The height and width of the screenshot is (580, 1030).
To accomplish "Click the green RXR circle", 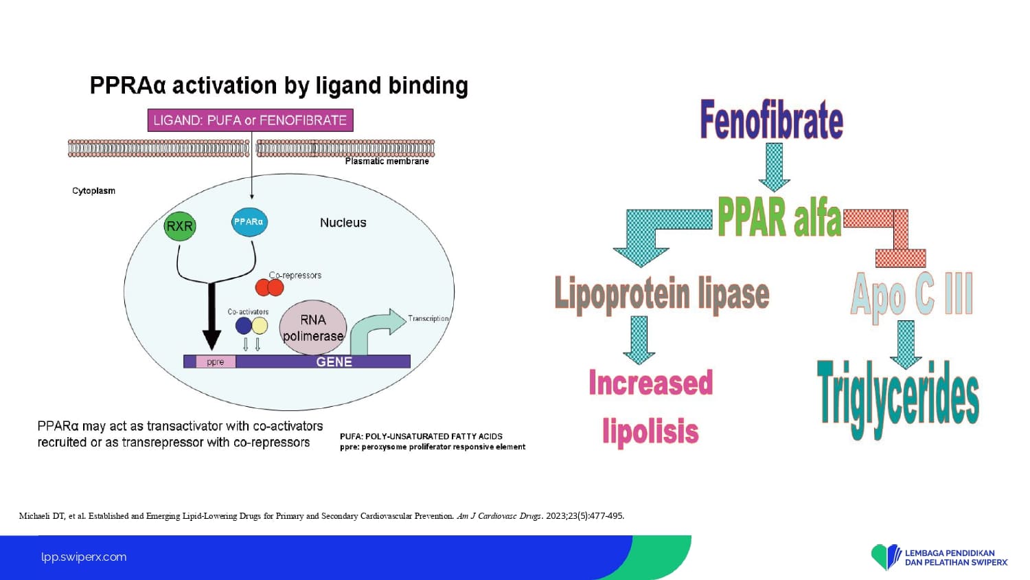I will coord(180,226).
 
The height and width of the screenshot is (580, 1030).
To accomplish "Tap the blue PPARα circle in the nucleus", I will coord(249,222).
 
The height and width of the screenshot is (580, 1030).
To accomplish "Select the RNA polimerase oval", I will coord(313,328).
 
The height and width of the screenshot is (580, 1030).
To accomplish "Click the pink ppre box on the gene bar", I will coord(216,362).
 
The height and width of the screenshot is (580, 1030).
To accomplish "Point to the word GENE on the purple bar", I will coord(334,362).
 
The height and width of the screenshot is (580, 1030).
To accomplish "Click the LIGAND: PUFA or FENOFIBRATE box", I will coord(250,120).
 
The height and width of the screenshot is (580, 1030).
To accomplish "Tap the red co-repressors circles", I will coord(269,287).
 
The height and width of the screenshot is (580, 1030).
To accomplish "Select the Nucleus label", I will coord(343,223).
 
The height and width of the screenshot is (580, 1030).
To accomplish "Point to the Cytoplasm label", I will coord(93,191).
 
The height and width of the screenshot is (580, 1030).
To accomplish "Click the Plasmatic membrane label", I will coord(387,161).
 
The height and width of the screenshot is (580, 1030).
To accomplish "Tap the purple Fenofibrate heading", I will coord(771,120).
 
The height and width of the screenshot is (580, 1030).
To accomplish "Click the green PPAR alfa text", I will coord(779,217).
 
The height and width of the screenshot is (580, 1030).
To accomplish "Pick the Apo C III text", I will coord(912,294).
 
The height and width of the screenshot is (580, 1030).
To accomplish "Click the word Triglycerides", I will coord(898,397).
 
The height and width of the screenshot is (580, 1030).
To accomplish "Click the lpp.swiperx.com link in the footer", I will coord(84,557).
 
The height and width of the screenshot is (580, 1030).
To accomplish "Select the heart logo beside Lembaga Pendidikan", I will coord(886,557).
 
